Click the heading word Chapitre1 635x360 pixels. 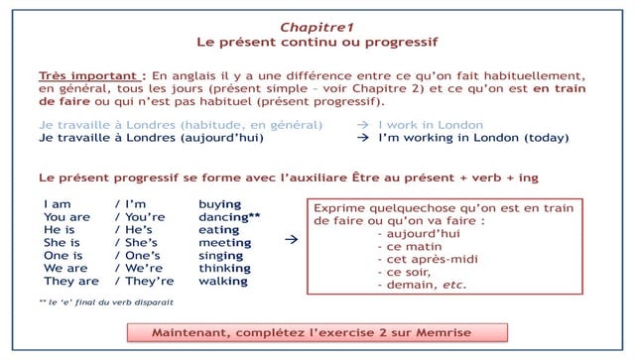point(317,25)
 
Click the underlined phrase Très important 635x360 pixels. point(89,74)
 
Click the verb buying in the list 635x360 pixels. point(219,203)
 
